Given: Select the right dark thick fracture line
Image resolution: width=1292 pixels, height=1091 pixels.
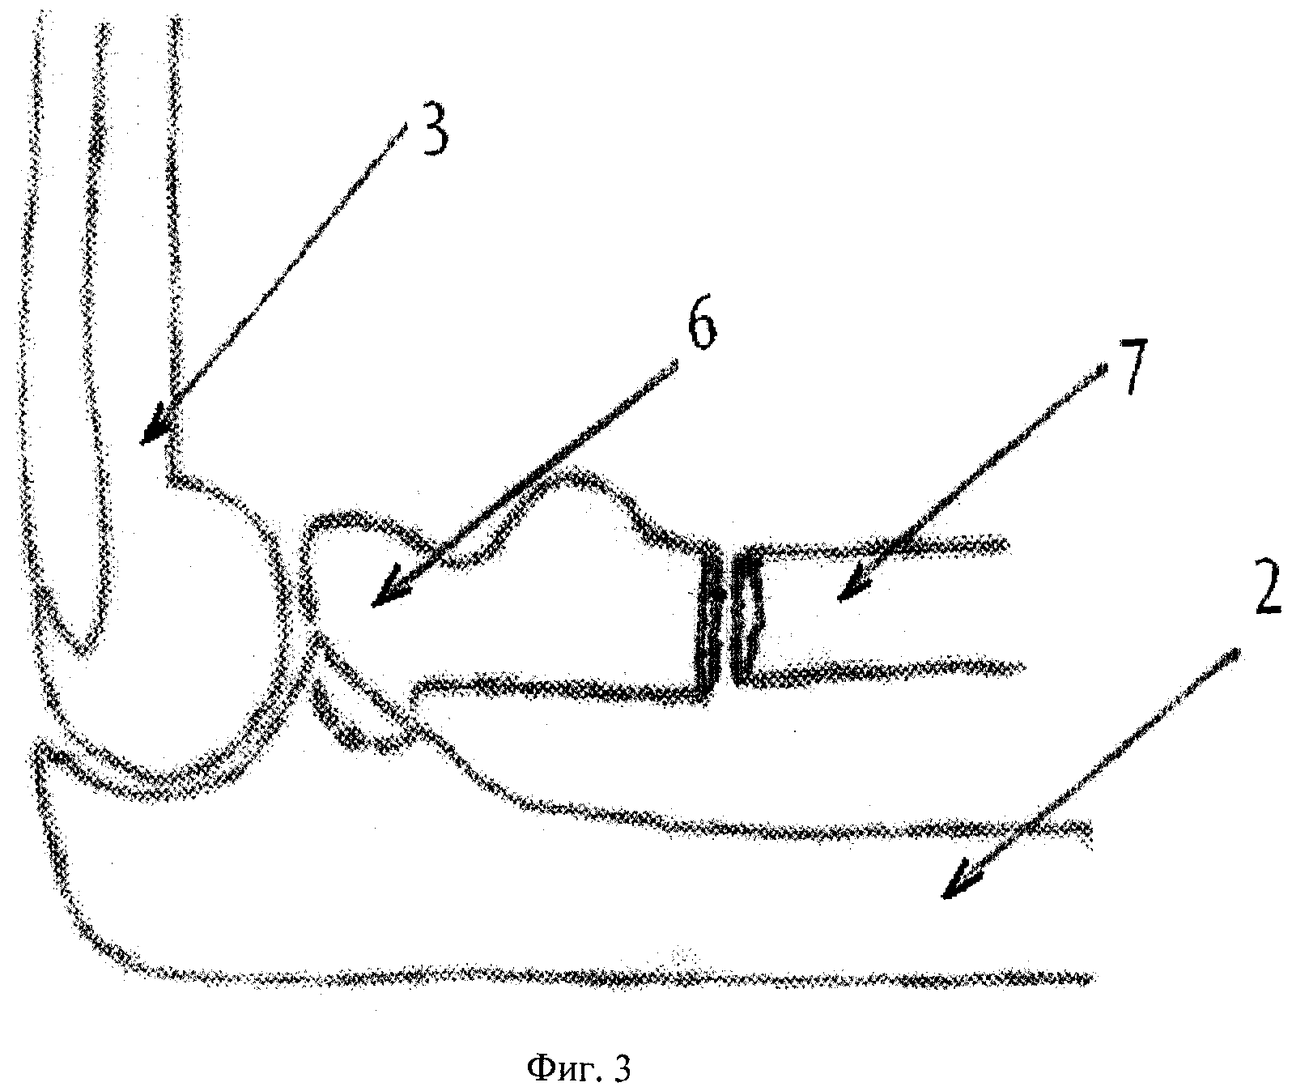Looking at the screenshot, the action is click(746, 616).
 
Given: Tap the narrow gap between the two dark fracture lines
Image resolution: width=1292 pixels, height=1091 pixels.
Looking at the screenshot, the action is click(729, 620).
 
